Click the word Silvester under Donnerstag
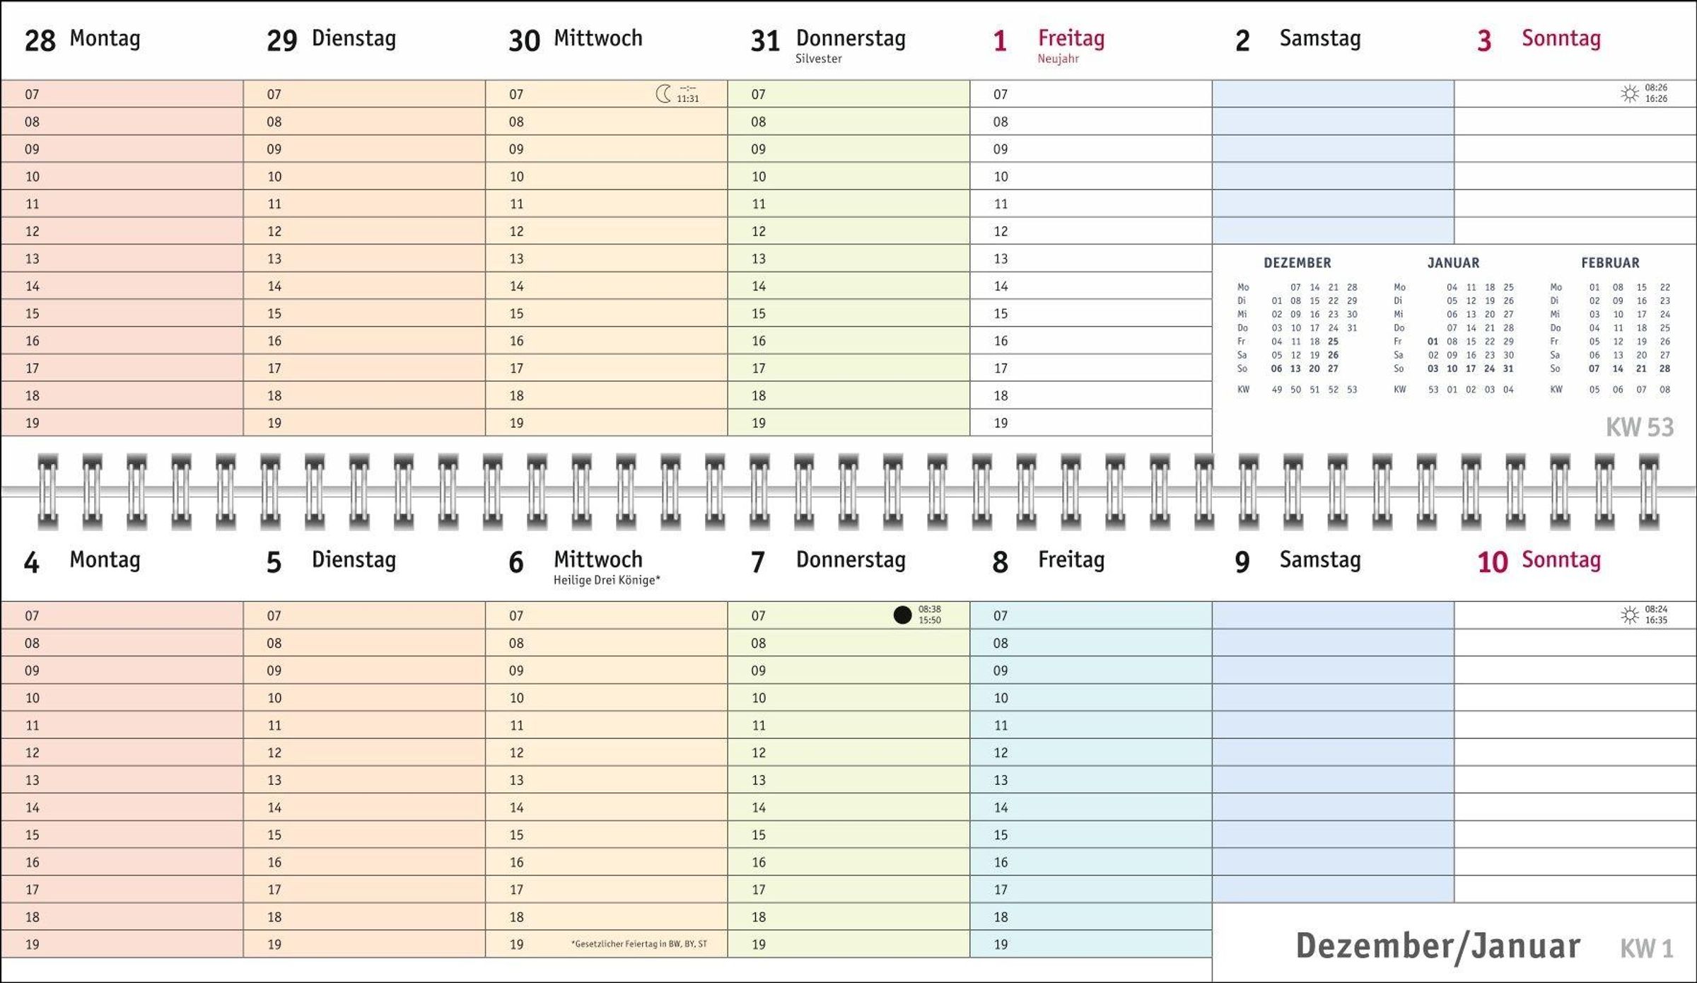818,59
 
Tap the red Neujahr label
1058,59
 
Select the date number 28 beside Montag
40,40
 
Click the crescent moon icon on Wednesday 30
663,93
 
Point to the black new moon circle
902,615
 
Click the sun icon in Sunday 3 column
1630,93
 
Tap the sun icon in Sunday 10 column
1630,615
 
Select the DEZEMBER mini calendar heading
1297,263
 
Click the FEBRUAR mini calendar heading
1610,263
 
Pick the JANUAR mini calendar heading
1453,263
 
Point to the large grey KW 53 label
1639,427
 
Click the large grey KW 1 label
1646,948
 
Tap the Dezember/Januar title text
1438,946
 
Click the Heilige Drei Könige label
607,580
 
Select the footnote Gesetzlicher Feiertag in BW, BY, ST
639,944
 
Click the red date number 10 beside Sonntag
1492,562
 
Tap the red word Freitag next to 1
1071,38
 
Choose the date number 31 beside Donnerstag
764,40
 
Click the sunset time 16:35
1656,620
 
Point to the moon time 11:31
687,99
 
